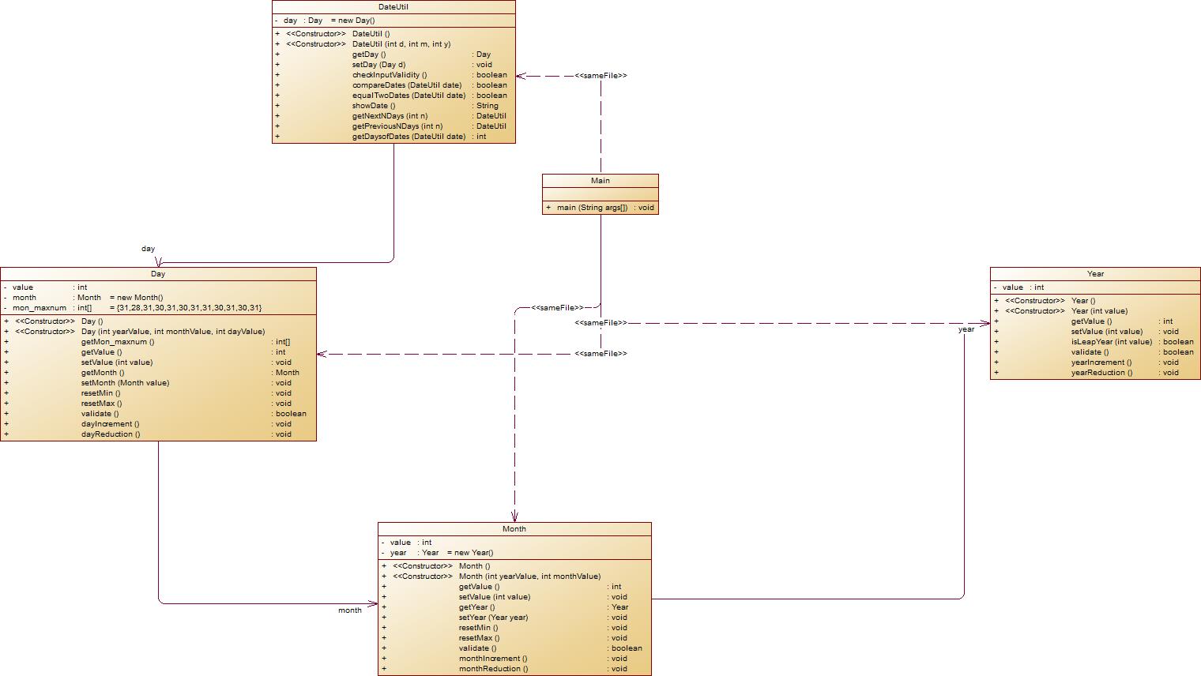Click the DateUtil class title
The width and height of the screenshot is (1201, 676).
coord(393,6)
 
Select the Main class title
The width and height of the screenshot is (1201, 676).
coord(600,181)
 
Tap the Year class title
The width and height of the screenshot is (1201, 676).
coord(1095,274)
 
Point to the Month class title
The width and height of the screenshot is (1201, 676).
coord(514,529)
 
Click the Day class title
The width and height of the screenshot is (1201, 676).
coord(158,274)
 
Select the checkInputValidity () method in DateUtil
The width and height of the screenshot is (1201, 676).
coord(390,75)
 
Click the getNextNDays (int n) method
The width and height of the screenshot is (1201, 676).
coord(390,116)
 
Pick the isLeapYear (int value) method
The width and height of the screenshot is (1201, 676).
coord(1111,342)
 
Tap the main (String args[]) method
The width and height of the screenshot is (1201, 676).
coord(592,208)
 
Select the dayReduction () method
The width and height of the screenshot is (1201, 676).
coord(111,434)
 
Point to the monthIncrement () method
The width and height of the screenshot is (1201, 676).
coord(493,659)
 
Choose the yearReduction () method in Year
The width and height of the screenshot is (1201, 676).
coord(1101,373)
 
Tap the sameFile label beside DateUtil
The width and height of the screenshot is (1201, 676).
coord(600,76)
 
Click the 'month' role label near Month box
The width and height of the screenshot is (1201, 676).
coord(349,610)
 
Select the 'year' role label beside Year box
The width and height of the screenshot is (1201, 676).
coord(966,330)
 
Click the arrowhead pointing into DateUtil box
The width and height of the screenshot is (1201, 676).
coord(521,76)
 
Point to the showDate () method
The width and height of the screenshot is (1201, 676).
coord(374,106)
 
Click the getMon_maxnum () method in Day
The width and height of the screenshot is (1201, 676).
coord(118,342)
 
